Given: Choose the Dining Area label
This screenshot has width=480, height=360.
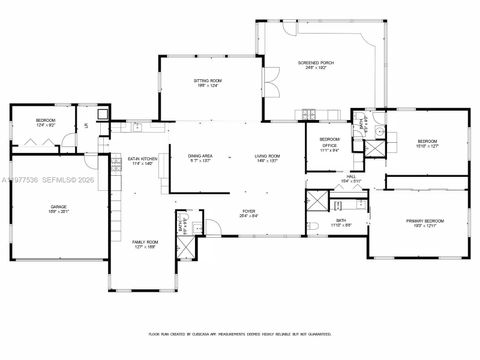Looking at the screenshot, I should tap(201, 157).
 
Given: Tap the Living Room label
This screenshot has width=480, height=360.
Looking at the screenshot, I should tap(265, 157).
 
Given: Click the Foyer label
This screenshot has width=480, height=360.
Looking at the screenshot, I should tap(247, 213).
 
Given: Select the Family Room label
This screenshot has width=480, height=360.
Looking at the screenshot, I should tap(146, 244).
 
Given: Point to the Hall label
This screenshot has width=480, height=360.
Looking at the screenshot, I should tap(351, 178).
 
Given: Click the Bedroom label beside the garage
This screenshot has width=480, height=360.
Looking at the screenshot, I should tap(45, 122).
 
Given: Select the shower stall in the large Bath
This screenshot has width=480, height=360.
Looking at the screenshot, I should tap(315, 198).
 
